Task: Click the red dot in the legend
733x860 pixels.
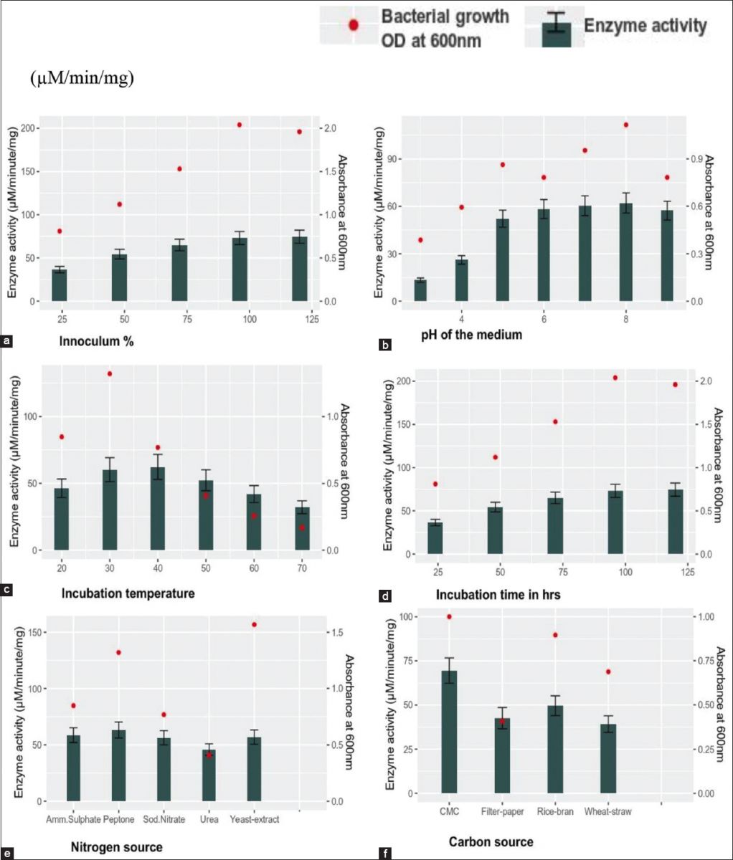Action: [352, 25]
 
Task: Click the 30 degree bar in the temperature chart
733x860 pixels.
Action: [109, 510]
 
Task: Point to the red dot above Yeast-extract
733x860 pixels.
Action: [254, 625]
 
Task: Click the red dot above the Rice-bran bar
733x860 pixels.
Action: [554, 635]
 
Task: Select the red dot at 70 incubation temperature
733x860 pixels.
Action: [302, 527]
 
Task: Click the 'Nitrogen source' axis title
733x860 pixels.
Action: [117, 847]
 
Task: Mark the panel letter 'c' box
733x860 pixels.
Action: [7, 591]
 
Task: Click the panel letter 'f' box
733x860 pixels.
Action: [387, 853]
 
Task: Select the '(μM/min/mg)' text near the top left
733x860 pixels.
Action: [82, 78]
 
